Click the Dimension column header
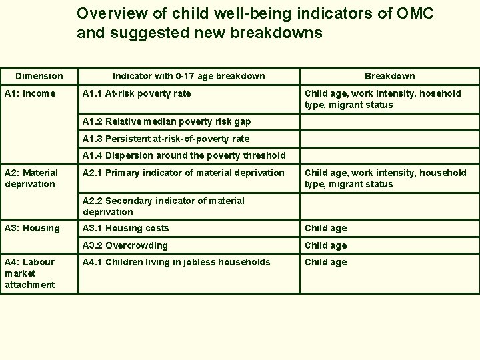39,76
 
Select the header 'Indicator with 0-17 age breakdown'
189,76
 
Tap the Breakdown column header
389,76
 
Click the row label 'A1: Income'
30,93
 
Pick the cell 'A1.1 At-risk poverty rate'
136,93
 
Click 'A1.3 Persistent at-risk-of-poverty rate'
166,139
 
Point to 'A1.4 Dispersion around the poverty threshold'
184,155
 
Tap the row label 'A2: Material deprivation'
31,178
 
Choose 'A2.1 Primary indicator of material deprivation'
183,173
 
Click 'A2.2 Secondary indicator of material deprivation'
163,206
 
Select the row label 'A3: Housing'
32,228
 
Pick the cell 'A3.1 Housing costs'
125,228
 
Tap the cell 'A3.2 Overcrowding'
125,245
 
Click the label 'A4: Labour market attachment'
30,273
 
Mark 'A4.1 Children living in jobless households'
177,262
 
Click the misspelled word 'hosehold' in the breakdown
439,93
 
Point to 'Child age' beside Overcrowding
326,245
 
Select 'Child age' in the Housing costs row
326,228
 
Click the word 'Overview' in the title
104,13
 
